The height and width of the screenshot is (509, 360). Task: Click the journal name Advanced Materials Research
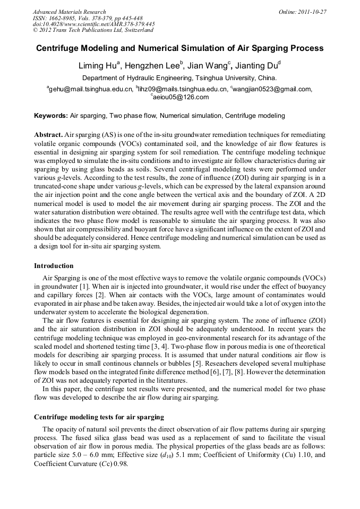[69, 12]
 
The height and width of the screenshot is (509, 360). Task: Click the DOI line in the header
[93, 24]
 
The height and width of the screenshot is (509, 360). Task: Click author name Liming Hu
[98, 66]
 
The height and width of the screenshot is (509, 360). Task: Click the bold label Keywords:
[51, 116]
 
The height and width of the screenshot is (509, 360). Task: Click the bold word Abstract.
[49, 135]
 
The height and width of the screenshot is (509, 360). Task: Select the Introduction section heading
[54, 266]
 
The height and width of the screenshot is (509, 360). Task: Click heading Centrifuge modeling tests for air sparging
[99, 417]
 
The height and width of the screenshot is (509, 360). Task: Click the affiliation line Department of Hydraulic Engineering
[179, 78]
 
